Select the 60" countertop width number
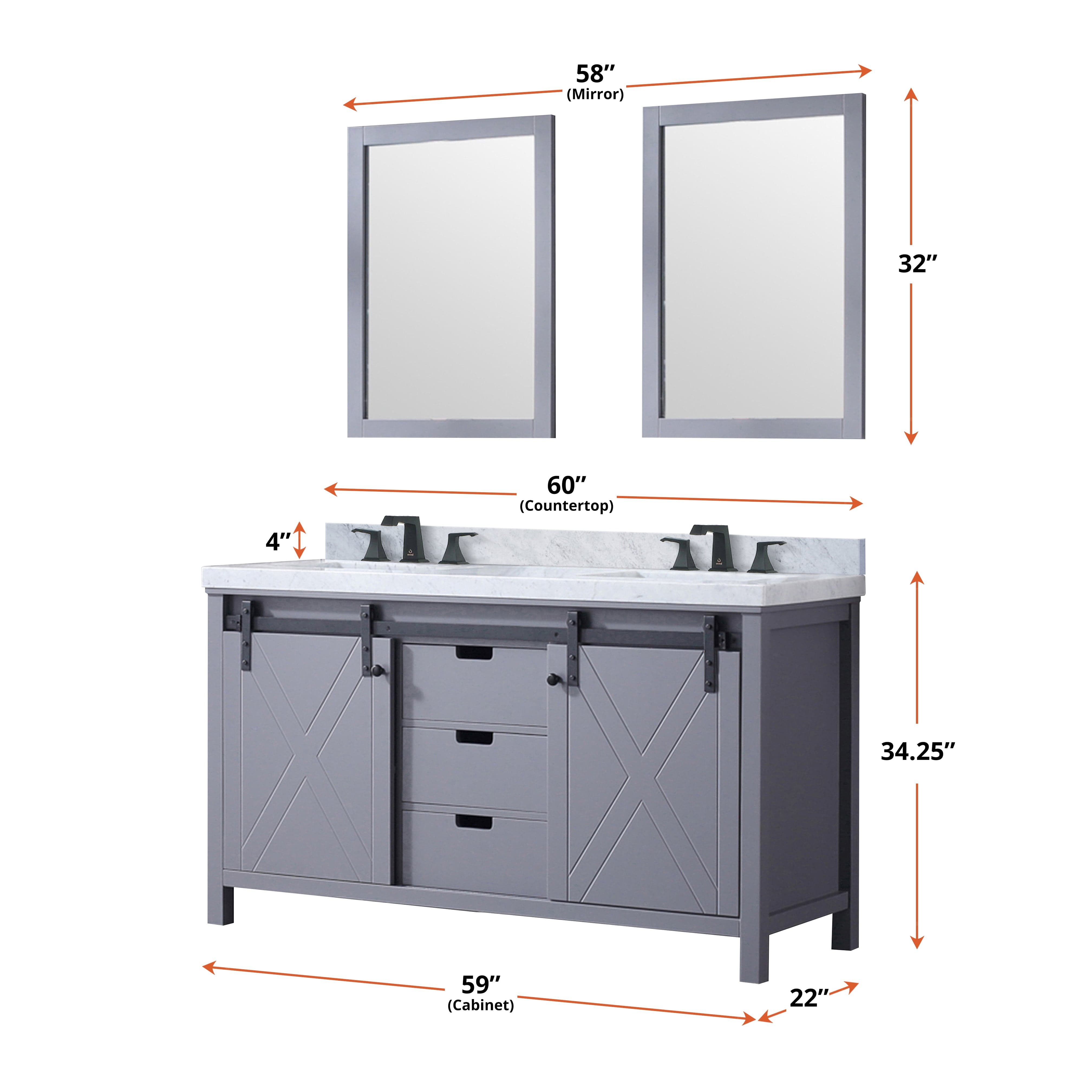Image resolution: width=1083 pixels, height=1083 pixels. (x=566, y=485)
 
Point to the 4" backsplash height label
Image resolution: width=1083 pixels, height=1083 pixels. (x=278, y=541)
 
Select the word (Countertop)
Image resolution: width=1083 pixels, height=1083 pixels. (x=566, y=506)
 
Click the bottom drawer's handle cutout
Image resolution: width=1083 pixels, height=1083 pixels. (x=474, y=822)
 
